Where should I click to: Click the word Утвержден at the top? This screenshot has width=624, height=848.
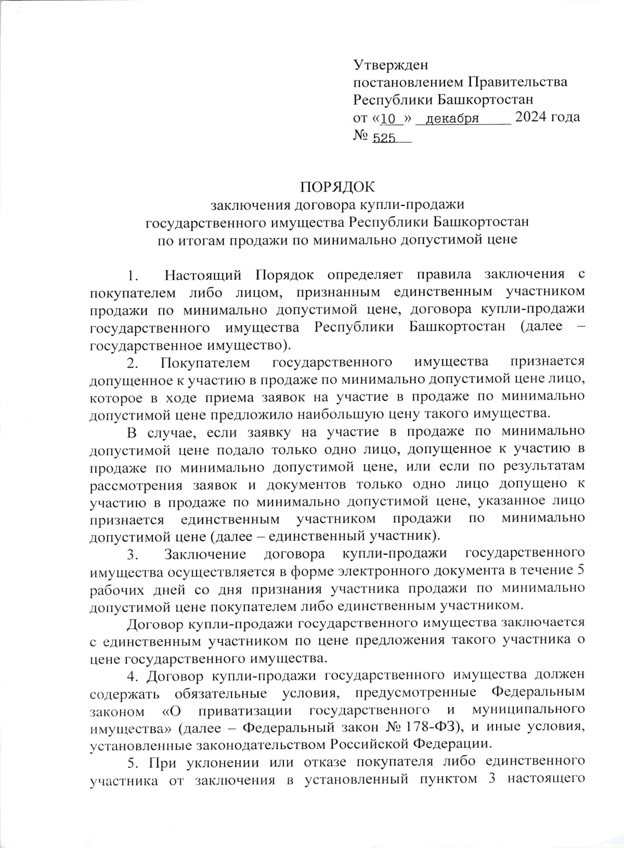pos(391,65)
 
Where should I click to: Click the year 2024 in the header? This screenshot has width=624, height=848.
pos(532,118)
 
